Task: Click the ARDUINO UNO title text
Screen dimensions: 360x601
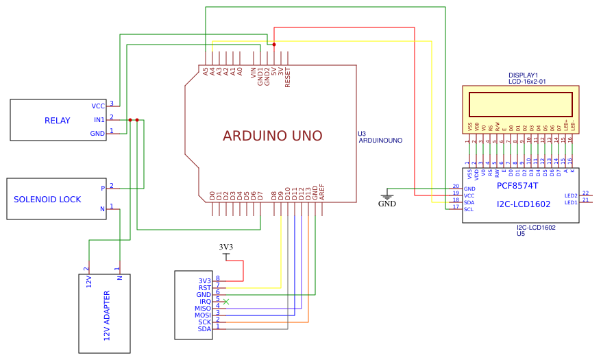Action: point(272,136)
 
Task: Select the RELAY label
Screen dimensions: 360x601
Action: point(58,121)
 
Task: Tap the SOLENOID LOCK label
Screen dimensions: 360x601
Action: point(47,200)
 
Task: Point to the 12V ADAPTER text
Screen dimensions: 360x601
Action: point(107,315)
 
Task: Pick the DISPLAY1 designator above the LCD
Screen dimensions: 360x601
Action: point(523,75)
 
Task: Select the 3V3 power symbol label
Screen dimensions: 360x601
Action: point(226,247)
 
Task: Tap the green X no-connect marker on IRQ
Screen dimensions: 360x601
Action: point(226,302)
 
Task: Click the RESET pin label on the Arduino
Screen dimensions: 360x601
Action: point(288,75)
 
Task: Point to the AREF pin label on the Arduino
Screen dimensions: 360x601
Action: point(322,193)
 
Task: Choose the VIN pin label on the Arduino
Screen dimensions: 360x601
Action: point(254,71)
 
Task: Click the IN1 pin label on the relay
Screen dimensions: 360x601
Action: point(99,120)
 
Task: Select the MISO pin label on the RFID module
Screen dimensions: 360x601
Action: point(203,309)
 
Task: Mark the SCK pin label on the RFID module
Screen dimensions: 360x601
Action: point(205,322)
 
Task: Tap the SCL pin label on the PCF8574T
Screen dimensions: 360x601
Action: point(469,209)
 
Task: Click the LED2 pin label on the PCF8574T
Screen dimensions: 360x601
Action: point(571,195)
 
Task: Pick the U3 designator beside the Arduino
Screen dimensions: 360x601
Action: point(362,134)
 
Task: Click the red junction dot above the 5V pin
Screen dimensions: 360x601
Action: point(274,45)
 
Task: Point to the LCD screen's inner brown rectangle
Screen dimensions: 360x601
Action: point(521,104)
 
